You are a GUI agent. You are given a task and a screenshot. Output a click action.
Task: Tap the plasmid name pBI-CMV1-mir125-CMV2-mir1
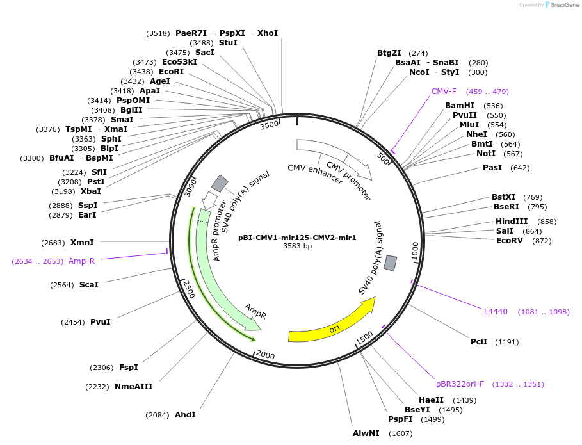[x=297, y=238]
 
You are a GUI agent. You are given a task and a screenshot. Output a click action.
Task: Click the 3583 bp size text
[x=297, y=246]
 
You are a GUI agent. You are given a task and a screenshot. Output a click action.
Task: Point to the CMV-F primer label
[x=444, y=92]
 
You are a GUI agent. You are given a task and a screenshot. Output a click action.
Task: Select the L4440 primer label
[x=496, y=312]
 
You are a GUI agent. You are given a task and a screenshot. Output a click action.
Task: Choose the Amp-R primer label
[x=81, y=261]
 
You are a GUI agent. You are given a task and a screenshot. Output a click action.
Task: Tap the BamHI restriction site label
[x=460, y=106]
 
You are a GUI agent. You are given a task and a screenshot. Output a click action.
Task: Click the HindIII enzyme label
[x=512, y=222]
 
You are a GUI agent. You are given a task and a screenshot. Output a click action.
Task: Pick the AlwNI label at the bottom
[x=366, y=433]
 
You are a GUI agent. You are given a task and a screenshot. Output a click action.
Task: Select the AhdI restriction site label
[x=185, y=415]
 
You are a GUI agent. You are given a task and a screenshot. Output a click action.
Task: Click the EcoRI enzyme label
[x=171, y=72]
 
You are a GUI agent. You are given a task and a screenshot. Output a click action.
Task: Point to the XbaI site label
[x=90, y=191]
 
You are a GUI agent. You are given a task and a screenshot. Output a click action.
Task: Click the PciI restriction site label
[x=479, y=342]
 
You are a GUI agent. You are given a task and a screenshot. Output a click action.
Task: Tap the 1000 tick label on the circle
[x=414, y=249]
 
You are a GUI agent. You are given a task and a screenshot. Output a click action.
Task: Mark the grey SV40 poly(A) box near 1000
[x=391, y=263]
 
